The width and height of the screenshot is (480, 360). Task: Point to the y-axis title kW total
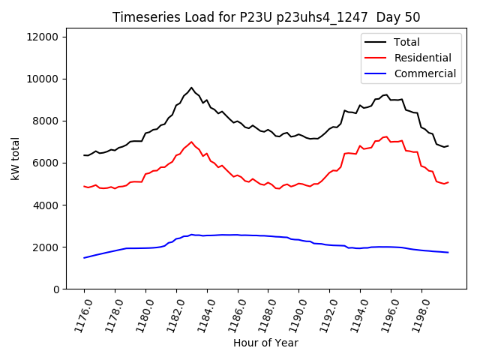[x=14, y=163]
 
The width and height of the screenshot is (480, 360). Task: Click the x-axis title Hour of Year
[x=266, y=343]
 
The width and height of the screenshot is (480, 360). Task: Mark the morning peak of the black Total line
[x=191, y=88]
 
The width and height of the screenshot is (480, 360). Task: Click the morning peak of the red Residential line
[x=191, y=142]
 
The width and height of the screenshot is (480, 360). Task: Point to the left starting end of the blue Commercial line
[x=84, y=258]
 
